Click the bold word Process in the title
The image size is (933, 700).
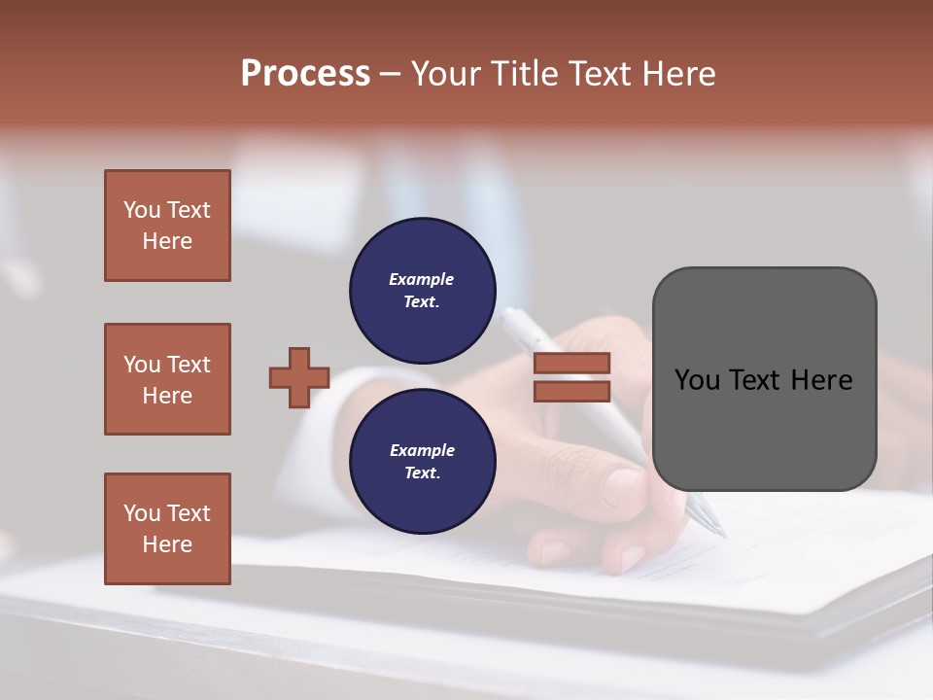tap(305, 73)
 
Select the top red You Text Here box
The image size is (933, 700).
tap(167, 226)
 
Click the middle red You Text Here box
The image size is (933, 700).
tap(167, 379)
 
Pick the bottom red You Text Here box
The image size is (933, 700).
tap(167, 529)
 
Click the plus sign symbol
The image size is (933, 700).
tap(299, 377)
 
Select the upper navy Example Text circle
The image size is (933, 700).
tap(422, 291)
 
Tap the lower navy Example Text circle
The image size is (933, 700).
tap(422, 462)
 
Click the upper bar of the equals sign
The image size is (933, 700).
tap(571, 364)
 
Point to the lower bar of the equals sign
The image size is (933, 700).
tap(571, 391)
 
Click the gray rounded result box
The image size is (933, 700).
tap(764, 379)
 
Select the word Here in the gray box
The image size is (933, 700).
tap(821, 380)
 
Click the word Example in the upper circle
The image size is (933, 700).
tap(422, 279)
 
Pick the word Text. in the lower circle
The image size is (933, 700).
tap(422, 473)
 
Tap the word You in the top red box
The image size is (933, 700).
tap(142, 210)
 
